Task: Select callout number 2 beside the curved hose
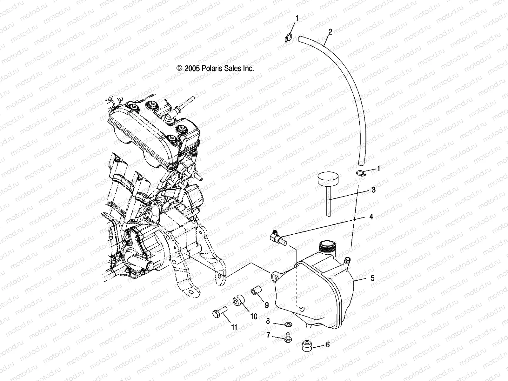330,32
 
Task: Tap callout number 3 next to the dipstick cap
373,190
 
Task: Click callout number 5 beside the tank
372,278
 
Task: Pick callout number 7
268,335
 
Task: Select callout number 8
268,321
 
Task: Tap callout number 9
266,305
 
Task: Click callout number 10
253,317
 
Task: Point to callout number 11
234,327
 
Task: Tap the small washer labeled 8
289,324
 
